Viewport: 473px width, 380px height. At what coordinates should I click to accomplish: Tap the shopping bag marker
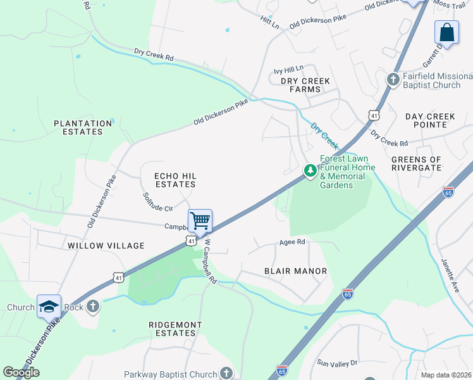tap(446, 33)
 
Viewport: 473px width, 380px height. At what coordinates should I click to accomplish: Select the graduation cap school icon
tap(49, 307)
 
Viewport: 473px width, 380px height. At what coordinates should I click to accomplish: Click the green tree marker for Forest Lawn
tap(310, 170)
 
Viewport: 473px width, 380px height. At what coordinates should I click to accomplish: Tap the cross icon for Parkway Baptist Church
tap(226, 374)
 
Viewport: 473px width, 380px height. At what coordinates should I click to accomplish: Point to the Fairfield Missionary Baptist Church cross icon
tap(393, 80)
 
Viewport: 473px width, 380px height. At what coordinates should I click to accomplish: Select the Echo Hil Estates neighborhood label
tap(175, 179)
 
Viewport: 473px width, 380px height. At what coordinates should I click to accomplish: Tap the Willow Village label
tap(106, 245)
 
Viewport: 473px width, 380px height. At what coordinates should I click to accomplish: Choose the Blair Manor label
tap(295, 271)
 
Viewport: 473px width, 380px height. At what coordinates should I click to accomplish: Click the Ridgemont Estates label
tap(175, 329)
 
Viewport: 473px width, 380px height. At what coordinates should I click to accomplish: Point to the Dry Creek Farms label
tap(297, 85)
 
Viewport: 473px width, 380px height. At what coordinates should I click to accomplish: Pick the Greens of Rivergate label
tap(416, 163)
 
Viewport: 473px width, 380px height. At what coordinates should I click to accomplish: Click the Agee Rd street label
tap(292, 242)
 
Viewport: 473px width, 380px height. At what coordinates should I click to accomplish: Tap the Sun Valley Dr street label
tap(337, 363)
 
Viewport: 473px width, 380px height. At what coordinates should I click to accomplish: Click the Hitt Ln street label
tap(269, 23)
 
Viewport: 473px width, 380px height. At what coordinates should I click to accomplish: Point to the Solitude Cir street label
tap(157, 202)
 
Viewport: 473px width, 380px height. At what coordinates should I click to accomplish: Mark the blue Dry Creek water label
tap(324, 132)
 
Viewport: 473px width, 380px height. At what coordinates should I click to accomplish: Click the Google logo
tap(21, 372)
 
